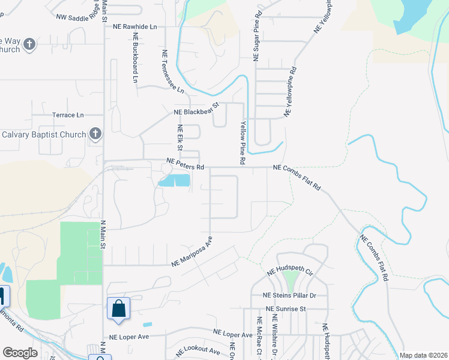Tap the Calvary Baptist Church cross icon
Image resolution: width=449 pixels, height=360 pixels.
tap(95, 134)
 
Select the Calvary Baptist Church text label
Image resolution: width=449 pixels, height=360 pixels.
tap(43, 134)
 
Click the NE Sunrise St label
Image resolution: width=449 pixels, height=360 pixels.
tap(287, 308)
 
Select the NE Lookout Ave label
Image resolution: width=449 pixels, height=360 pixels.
tap(199, 350)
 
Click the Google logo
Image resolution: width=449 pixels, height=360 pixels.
tap(20, 353)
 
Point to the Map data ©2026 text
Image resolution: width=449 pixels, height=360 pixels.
tap(423, 355)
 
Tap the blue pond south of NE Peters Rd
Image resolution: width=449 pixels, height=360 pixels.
tap(175, 180)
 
